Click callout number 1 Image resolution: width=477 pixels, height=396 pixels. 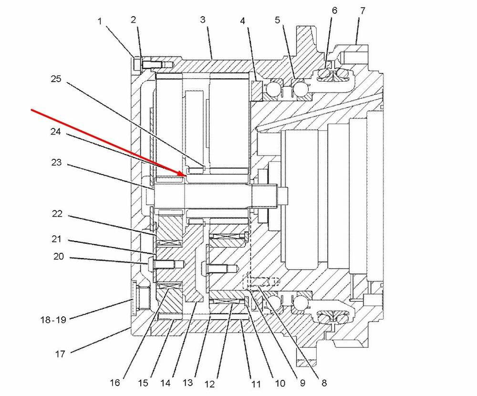pyautogui.click(x=100, y=21)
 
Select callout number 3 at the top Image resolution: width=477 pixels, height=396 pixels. pyautogui.click(x=203, y=20)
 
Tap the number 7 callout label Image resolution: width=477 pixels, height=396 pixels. pyautogui.click(x=363, y=11)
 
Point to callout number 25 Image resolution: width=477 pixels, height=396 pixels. pyautogui.click(x=56, y=79)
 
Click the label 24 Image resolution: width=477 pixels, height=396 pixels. pyautogui.click(x=56, y=132)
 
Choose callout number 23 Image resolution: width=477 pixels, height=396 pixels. pyautogui.click(x=56, y=162)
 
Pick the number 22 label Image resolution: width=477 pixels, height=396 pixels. pyautogui.click(x=57, y=214)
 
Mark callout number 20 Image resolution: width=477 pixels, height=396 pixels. pyautogui.click(x=58, y=256)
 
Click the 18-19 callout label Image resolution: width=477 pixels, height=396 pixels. pyautogui.click(x=53, y=320)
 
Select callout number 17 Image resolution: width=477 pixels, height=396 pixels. pyautogui.click(x=60, y=354)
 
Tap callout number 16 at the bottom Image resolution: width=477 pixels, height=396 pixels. pyautogui.click(x=114, y=382)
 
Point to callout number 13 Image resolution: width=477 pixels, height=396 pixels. pyautogui.click(x=187, y=382)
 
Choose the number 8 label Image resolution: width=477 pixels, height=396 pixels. pyautogui.click(x=324, y=383)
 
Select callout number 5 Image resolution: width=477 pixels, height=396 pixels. pyautogui.click(x=277, y=20)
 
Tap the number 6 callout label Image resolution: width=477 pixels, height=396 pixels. pyautogui.click(x=334, y=10)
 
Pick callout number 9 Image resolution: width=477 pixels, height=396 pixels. pyautogui.click(x=302, y=383)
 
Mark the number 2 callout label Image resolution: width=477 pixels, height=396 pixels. pyautogui.click(x=133, y=20)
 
